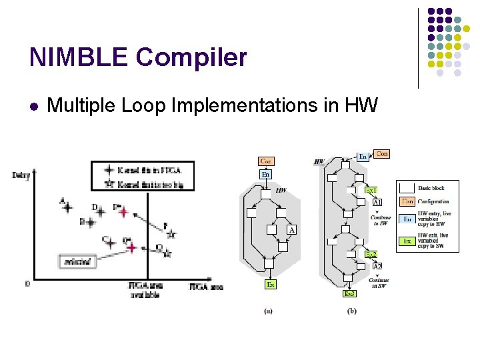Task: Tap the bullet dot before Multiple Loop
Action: click(x=34, y=105)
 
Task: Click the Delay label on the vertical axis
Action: click(x=21, y=175)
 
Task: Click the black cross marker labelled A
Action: click(x=67, y=207)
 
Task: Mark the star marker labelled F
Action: click(x=171, y=234)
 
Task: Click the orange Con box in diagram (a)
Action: click(x=265, y=161)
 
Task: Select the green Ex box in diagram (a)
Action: click(x=270, y=285)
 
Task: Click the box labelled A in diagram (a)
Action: click(x=291, y=230)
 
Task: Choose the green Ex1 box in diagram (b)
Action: click(x=371, y=191)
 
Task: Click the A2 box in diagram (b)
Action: click(x=377, y=266)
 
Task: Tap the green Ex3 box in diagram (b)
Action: click(x=349, y=293)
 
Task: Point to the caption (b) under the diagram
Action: click(x=351, y=310)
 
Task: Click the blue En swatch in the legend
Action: click(x=407, y=219)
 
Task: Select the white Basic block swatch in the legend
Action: click(x=407, y=187)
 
